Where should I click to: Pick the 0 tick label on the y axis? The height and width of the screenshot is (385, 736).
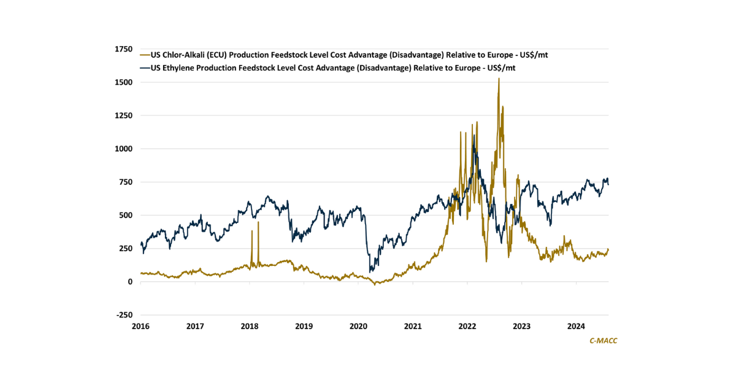pos(130,282)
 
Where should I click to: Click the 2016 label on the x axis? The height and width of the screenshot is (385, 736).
pos(141,326)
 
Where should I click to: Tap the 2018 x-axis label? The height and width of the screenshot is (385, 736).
pos(250,326)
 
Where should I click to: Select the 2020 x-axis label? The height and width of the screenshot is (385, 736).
pos(359,326)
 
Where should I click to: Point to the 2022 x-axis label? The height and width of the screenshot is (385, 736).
pos(467,326)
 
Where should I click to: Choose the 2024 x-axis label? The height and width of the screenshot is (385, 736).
pos(576,326)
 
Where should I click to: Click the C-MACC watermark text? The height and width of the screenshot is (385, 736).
pos(603,340)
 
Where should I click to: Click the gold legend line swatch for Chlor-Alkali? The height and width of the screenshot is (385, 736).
pos(145,55)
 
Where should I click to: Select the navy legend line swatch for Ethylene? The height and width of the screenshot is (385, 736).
pos(145,68)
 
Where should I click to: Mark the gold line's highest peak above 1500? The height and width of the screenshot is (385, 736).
pos(499,79)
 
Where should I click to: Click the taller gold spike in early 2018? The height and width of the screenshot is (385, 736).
pos(258,222)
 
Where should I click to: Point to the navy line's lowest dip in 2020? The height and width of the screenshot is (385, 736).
pos(370,271)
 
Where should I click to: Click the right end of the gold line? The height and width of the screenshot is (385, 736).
pos(608,249)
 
